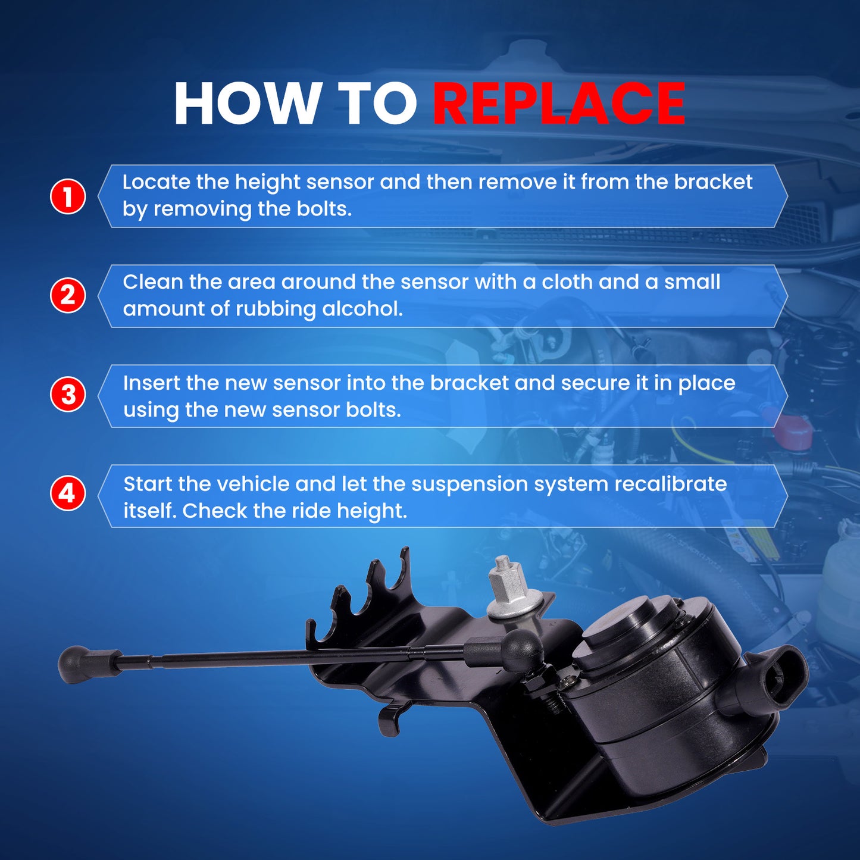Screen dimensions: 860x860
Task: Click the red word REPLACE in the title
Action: click(x=559, y=103)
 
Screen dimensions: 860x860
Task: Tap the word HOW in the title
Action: click(x=245, y=103)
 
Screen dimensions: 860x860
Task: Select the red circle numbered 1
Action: click(x=68, y=196)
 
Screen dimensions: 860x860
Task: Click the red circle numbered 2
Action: click(x=68, y=295)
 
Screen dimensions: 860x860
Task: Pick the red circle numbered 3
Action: click(x=68, y=395)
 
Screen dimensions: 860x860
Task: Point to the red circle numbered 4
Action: click(x=68, y=494)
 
